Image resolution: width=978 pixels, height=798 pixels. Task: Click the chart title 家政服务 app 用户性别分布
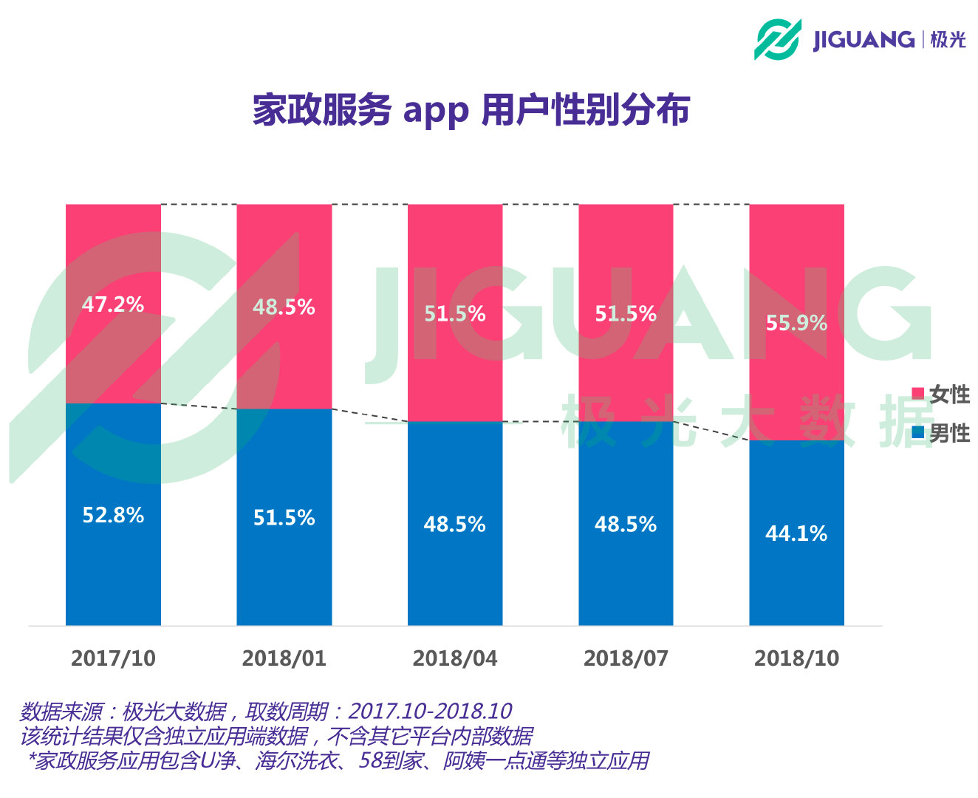[x=471, y=110]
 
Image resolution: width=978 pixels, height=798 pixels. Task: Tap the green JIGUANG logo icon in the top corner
[x=777, y=39]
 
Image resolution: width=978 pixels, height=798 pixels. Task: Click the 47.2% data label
[x=113, y=304]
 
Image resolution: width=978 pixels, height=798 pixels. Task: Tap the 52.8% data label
[x=113, y=515]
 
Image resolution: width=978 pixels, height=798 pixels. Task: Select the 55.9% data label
[x=796, y=323]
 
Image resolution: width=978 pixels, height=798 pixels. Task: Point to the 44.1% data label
[x=796, y=533]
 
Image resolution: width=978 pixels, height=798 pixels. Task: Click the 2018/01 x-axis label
[x=284, y=658]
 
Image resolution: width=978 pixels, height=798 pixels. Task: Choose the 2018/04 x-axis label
[x=455, y=658]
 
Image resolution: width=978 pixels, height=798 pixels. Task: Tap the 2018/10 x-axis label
[x=796, y=658]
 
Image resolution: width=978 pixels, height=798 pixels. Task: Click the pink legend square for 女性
[x=918, y=394]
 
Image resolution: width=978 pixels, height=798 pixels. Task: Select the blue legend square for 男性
[x=918, y=433]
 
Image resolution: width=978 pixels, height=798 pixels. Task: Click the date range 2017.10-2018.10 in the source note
[x=430, y=712]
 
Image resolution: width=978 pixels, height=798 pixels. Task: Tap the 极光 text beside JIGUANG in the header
[x=948, y=39]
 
